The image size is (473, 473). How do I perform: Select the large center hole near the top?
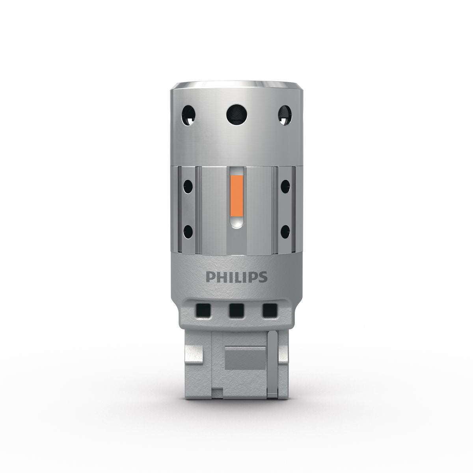point(236,115)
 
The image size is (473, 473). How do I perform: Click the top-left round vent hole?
point(188,115)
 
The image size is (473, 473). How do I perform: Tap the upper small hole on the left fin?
point(188,186)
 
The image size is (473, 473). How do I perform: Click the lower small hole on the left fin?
point(188,232)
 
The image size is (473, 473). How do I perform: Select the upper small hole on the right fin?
point(285,186)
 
